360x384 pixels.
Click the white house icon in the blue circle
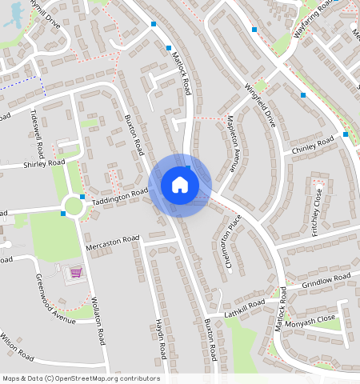(x=180, y=185)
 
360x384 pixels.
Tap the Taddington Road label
(x=121, y=194)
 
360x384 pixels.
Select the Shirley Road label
(x=43, y=164)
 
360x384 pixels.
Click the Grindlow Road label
(x=327, y=281)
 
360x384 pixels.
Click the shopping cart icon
(x=76, y=272)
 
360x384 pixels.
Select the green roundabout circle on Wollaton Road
(x=74, y=206)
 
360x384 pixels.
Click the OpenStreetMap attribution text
(x=80, y=378)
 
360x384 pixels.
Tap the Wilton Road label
(x=17, y=346)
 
